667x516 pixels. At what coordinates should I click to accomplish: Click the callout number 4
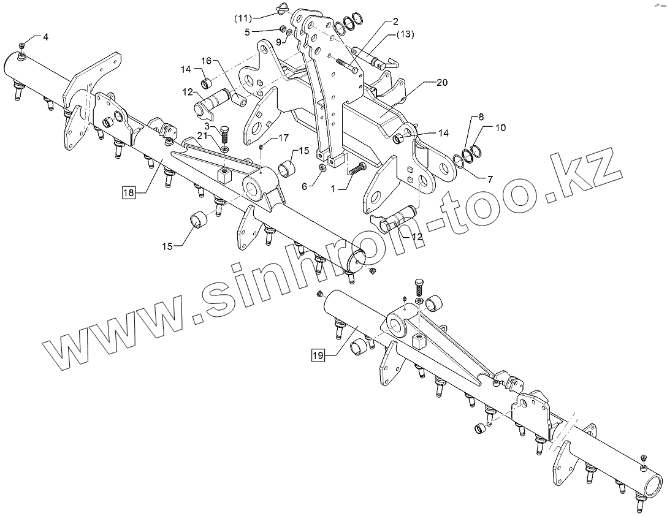(x=45, y=37)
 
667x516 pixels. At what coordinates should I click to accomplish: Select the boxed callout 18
(x=128, y=193)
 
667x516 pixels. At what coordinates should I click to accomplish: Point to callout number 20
(x=442, y=82)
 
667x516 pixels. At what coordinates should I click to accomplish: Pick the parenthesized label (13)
(x=405, y=34)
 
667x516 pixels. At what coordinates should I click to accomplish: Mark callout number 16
(x=206, y=61)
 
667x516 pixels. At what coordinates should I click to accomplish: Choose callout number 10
(x=500, y=127)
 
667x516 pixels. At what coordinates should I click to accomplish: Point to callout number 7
(x=489, y=180)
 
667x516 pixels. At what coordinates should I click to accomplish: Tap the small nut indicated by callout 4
(x=21, y=46)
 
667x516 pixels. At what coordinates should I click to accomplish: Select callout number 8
(x=481, y=116)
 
